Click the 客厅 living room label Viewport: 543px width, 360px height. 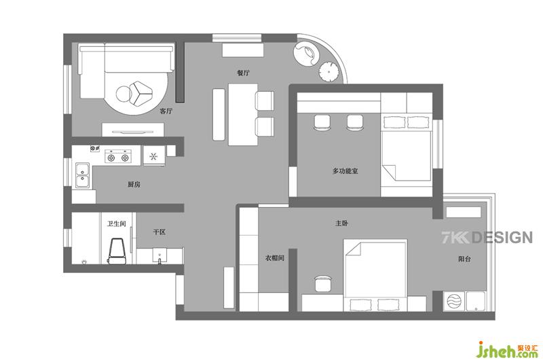166,111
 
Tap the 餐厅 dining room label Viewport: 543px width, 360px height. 243,73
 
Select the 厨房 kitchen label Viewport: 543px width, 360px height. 134,184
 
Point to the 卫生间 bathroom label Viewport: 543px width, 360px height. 116,224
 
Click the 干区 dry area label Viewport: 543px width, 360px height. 160,232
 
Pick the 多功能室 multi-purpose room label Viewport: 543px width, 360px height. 345,170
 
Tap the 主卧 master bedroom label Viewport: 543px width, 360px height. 341,223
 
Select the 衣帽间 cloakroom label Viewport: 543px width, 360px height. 275,258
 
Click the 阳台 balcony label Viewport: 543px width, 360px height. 464,259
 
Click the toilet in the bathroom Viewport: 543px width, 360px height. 117,251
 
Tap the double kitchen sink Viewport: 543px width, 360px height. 82,175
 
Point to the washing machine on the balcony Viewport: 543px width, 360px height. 454,301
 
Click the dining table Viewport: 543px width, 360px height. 243,114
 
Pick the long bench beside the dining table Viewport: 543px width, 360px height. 219,114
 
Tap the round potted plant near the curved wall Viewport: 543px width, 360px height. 328,72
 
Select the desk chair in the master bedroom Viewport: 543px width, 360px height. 324,283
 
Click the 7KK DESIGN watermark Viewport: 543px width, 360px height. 487,237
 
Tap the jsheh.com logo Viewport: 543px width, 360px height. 507,350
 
